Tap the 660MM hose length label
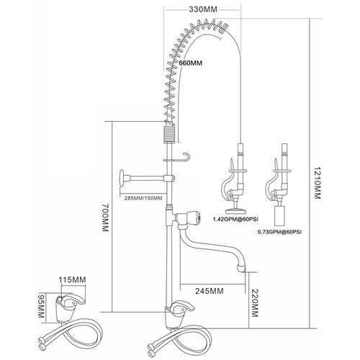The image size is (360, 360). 189,62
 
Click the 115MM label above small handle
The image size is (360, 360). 73,276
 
